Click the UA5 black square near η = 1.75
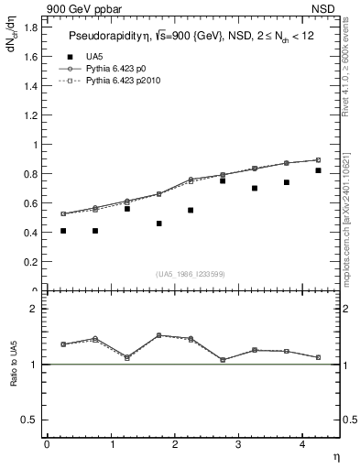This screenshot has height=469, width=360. tap(158, 224)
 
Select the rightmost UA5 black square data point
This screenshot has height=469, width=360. tap(318, 170)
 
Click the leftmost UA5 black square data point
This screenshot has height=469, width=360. tap(63, 231)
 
